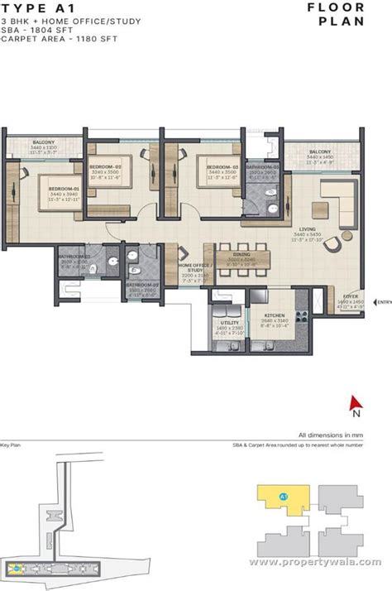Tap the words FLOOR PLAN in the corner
[x=341, y=14]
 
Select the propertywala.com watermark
[x=316, y=562]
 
